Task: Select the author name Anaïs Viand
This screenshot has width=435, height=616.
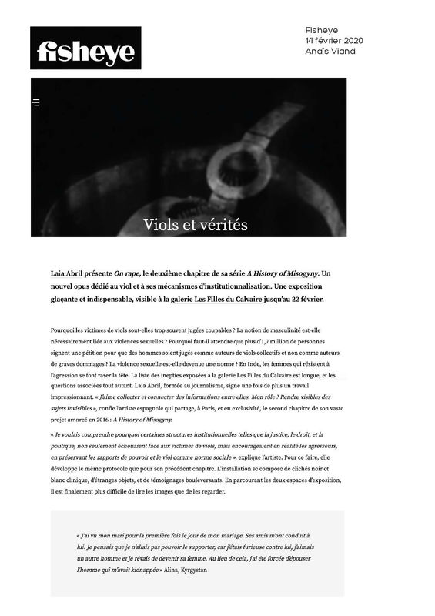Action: tap(330, 52)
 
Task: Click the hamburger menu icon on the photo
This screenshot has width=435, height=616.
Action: tap(36, 102)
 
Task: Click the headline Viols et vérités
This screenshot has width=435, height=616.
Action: tap(196, 225)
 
